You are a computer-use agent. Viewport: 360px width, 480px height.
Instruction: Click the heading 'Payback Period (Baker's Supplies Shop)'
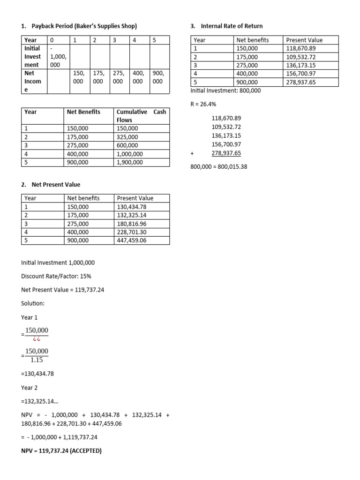pyautogui.click(x=84, y=26)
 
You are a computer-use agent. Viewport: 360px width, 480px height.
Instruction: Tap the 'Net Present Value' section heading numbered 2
pyautogui.click(x=56, y=185)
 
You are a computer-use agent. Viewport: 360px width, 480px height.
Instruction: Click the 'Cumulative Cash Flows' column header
pyautogui.click(x=141, y=116)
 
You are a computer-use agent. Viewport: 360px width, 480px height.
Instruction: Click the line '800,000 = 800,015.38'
pyautogui.click(x=219, y=166)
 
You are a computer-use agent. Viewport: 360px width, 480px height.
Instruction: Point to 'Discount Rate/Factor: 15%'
pyautogui.click(x=56, y=277)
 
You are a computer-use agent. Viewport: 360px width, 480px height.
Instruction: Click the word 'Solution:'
pyautogui.click(x=33, y=303)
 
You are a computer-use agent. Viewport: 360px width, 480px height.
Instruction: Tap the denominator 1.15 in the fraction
pyautogui.click(x=37, y=360)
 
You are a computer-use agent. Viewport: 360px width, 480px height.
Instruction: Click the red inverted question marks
pyautogui.click(x=37, y=338)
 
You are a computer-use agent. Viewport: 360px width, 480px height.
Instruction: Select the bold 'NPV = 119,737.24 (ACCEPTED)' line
pyautogui.click(x=61, y=451)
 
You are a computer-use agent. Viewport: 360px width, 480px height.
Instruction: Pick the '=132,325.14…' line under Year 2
pyautogui.click(x=41, y=402)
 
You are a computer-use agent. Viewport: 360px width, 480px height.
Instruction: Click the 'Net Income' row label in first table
pyautogui.click(x=32, y=81)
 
